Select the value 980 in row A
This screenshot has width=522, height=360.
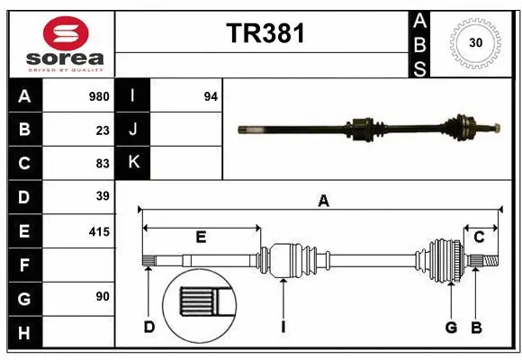[x=98, y=96]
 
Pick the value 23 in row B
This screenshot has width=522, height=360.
[x=103, y=130]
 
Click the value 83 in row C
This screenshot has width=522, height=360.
[x=103, y=163]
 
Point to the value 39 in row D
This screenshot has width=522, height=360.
[x=103, y=196]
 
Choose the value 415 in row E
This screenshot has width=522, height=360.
[x=98, y=231]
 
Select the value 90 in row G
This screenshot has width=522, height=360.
[x=103, y=297]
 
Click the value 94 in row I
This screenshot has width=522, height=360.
[x=211, y=96]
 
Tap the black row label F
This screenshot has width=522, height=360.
[x=24, y=265]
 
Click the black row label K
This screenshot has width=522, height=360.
[x=133, y=163]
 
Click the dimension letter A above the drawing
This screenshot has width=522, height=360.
[x=323, y=202]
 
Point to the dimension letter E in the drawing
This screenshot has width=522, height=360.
[x=201, y=238]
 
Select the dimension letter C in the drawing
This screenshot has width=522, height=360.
[x=479, y=238]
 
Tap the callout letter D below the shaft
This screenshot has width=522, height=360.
[x=149, y=327]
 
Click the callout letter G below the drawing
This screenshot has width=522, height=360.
[x=451, y=327]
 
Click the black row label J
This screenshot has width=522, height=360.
[x=133, y=130]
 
